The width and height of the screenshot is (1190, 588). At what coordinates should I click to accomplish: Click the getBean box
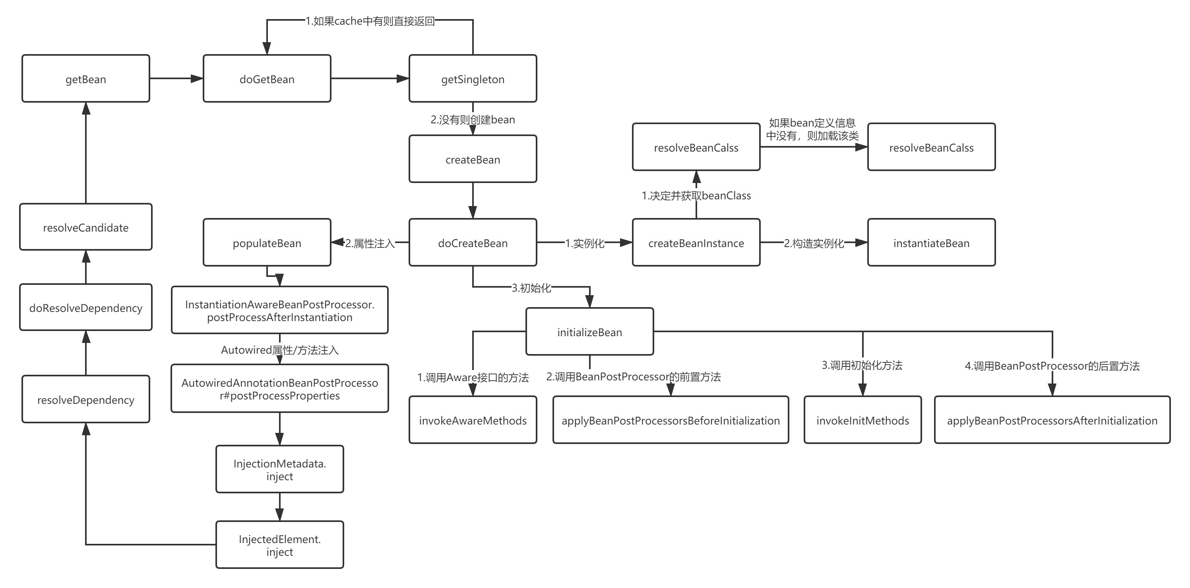pyautogui.click(x=86, y=79)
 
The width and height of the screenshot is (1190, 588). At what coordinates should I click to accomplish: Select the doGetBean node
pyautogui.click(x=267, y=79)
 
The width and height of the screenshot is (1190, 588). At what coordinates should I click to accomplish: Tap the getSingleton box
pyautogui.click(x=473, y=79)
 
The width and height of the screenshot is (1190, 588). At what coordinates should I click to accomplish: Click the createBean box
pyautogui.click(x=473, y=160)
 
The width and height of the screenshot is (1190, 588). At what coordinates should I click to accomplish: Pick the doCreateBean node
pyautogui.click(x=473, y=243)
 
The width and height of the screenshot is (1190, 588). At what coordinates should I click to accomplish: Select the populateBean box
pyautogui.click(x=267, y=243)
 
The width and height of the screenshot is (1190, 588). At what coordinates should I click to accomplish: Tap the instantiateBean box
pyautogui.click(x=931, y=243)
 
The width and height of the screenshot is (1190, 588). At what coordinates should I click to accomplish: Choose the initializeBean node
pyautogui.click(x=589, y=332)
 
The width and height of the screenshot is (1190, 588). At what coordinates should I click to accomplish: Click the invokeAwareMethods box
pyautogui.click(x=473, y=420)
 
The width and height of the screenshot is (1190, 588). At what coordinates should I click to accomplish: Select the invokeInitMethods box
pyautogui.click(x=862, y=420)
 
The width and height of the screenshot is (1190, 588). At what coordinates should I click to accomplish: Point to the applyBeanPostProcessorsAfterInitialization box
pyautogui.click(x=1052, y=420)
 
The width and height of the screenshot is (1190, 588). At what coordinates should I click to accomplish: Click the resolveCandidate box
pyautogui.click(x=86, y=228)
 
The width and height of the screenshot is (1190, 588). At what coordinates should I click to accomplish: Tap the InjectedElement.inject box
pyautogui.click(x=279, y=545)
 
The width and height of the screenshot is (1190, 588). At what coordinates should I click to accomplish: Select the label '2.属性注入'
pyautogui.click(x=370, y=243)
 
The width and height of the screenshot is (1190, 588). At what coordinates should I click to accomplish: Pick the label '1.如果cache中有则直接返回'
pyautogui.click(x=370, y=21)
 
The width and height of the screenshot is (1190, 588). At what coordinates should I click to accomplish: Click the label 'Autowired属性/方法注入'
pyautogui.click(x=279, y=349)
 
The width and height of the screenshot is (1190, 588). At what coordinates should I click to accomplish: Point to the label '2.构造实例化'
pyautogui.click(x=814, y=243)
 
